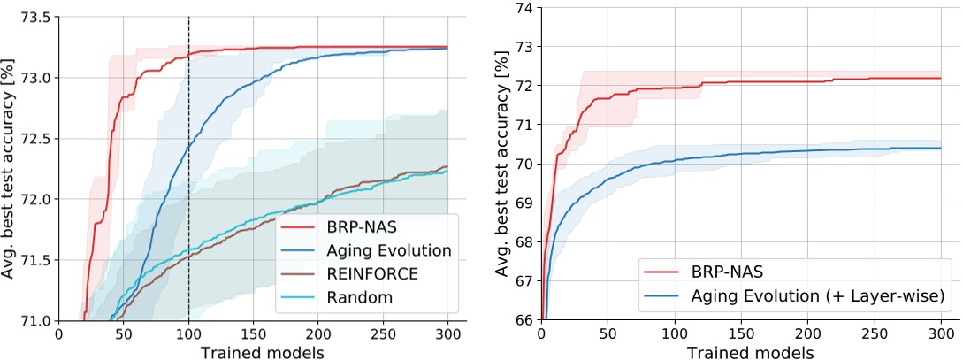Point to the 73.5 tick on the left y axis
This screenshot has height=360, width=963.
pyautogui.click(x=34, y=17)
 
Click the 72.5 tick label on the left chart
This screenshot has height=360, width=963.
pyautogui.click(x=34, y=139)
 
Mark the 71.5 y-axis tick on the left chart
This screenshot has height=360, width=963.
pyautogui.click(x=34, y=260)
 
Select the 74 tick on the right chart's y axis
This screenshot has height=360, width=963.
pyautogui.click(x=523, y=8)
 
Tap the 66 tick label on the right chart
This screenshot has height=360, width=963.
pyautogui.click(x=523, y=320)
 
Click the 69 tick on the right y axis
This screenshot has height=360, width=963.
pyautogui.click(x=523, y=203)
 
